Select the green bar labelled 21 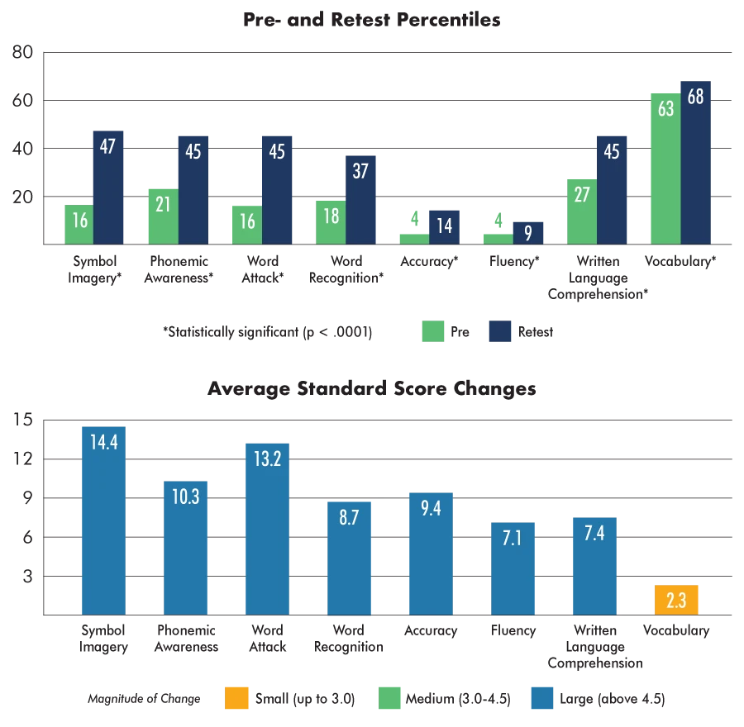point(162,215)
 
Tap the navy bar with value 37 point(360,198)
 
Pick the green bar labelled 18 point(330,221)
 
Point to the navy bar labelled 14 point(444,226)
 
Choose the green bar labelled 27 point(580,211)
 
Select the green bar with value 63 point(665,169)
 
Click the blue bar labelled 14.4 point(103,520)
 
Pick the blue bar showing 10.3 point(185,546)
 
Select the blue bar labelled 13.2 point(267,529)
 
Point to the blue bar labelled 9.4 point(431,553)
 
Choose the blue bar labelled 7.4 point(594,566)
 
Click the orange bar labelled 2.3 point(677,599)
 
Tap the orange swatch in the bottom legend point(236,698)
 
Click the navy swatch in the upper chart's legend point(502,331)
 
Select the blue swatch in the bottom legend point(541,698)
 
